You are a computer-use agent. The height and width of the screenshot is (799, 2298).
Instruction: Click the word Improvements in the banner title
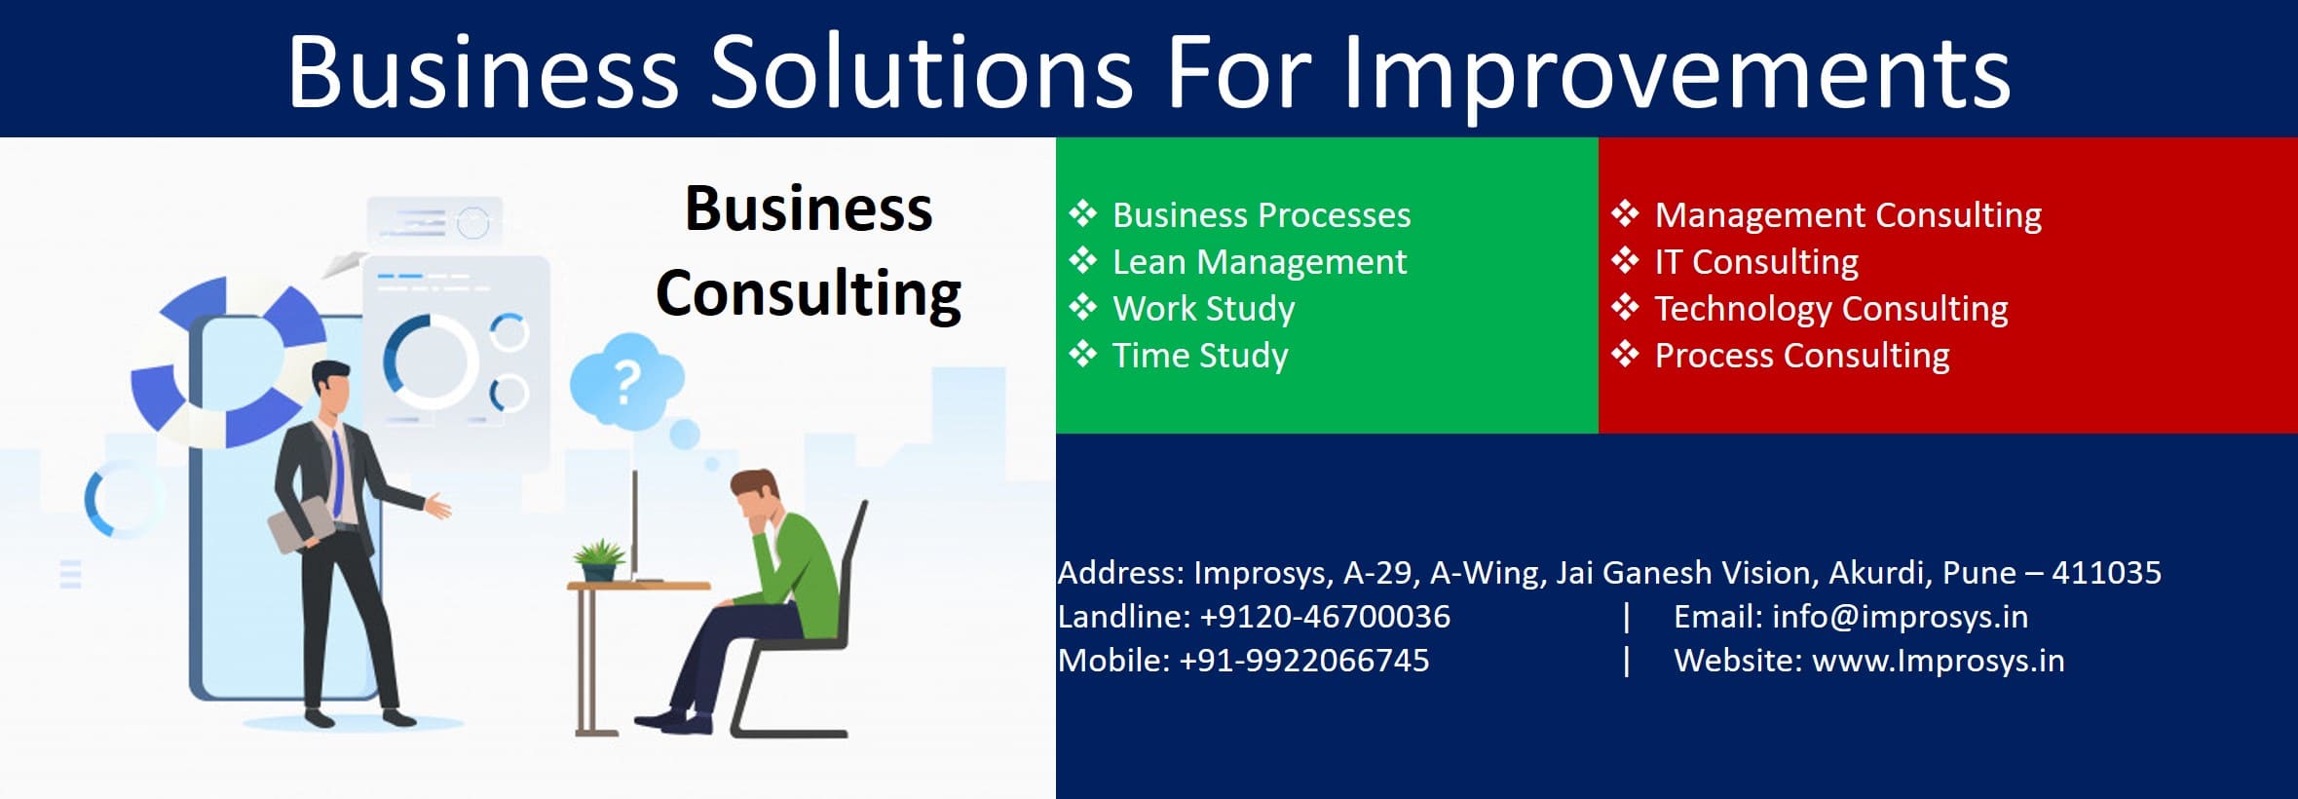click(1676, 76)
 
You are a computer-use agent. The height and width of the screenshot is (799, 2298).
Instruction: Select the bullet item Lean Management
click(1260, 262)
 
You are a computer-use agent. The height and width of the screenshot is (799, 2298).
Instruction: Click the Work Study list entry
click(1204, 309)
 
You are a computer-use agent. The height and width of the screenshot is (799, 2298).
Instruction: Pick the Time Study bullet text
click(1200, 356)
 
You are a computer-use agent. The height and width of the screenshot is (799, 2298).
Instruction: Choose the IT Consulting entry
click(1756, 262)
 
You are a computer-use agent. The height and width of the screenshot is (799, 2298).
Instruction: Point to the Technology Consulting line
click(1831, 309)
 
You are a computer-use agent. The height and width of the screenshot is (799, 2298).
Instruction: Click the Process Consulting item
click(1802, 356)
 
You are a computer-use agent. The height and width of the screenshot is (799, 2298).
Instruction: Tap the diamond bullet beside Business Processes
click(1083, 213)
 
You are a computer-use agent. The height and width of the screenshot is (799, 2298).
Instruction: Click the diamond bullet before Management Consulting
click(1625, 213)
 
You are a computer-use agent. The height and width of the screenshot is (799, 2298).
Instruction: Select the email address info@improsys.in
click(1900, 617)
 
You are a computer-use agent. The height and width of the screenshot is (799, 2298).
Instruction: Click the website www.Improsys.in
click(1938, 662)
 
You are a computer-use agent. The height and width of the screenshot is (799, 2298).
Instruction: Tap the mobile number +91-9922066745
click(1303, 661)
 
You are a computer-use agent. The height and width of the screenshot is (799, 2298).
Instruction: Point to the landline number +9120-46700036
click(1325, 617)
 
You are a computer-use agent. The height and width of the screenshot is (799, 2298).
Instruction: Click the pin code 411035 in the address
click(2106, 572)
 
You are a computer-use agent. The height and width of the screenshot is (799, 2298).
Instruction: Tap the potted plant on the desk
click(598, 559)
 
